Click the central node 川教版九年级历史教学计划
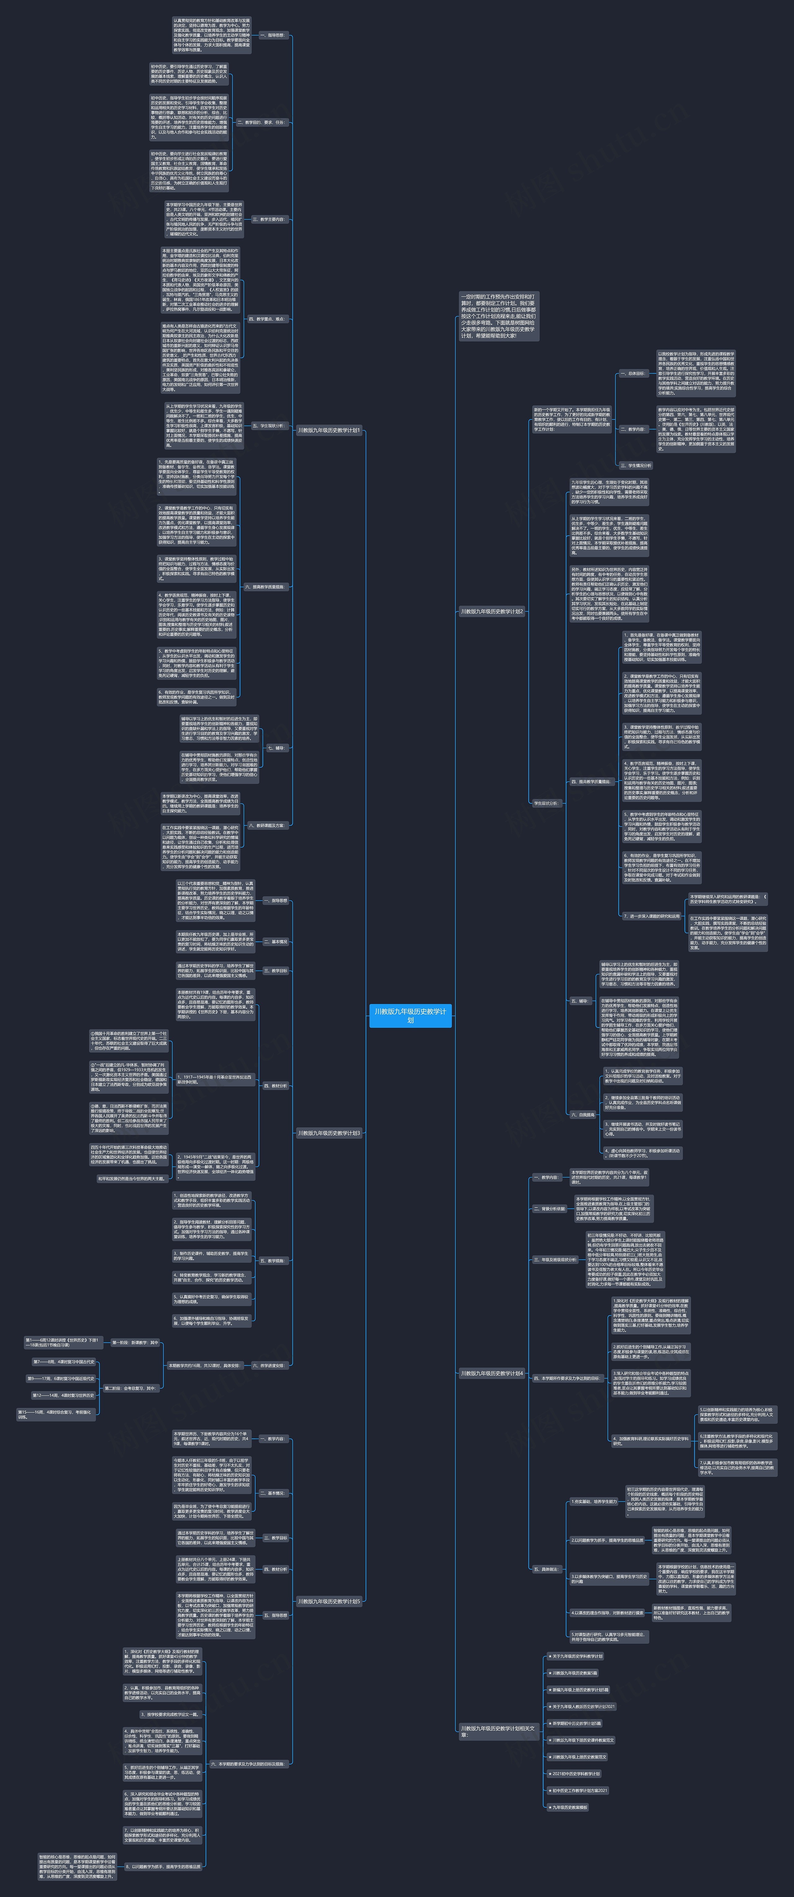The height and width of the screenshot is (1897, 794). [410, 1016]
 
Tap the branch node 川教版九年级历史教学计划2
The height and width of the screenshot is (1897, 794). [491, 611]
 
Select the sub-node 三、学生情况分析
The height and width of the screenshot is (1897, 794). [636, 465]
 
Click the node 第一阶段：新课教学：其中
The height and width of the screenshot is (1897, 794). [135, 1342]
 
